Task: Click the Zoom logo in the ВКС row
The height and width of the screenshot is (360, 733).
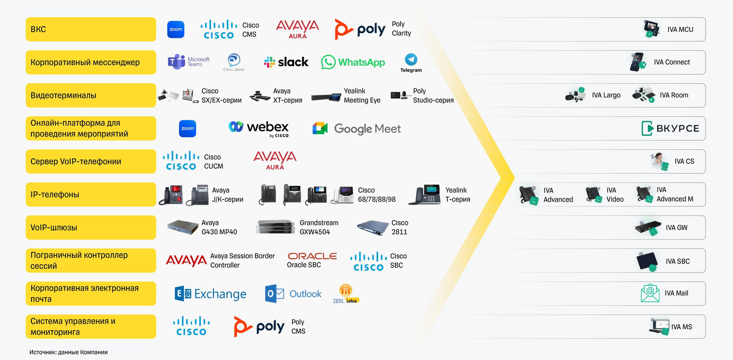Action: coord(176,30)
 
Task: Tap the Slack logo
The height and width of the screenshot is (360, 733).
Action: coord(286,62)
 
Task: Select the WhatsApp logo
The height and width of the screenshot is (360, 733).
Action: coord(353,62)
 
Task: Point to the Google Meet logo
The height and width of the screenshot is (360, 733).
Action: coord(356,129)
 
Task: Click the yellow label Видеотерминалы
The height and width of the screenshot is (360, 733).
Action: coord(90,95)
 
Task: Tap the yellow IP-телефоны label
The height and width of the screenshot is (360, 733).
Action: coord(90,195)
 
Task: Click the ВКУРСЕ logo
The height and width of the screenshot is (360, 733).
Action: coord(670,129)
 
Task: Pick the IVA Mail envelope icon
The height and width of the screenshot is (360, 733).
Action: coord(650,293)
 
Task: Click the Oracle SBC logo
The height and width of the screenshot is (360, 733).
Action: coord(312,260)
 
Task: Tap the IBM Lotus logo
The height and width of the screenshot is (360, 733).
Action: coord(346,293)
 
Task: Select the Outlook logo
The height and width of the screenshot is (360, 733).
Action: coord(293,294)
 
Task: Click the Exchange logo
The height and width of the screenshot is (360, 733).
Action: coord(210,294)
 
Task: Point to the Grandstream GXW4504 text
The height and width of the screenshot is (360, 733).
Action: coord(318,227)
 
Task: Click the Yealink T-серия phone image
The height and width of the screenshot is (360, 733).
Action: coord(425,195)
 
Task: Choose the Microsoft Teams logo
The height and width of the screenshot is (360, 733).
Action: coord(188,62)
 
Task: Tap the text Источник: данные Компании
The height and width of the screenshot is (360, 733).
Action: coord(68,352)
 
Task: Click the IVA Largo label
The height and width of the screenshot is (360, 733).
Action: coord(606,95)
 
